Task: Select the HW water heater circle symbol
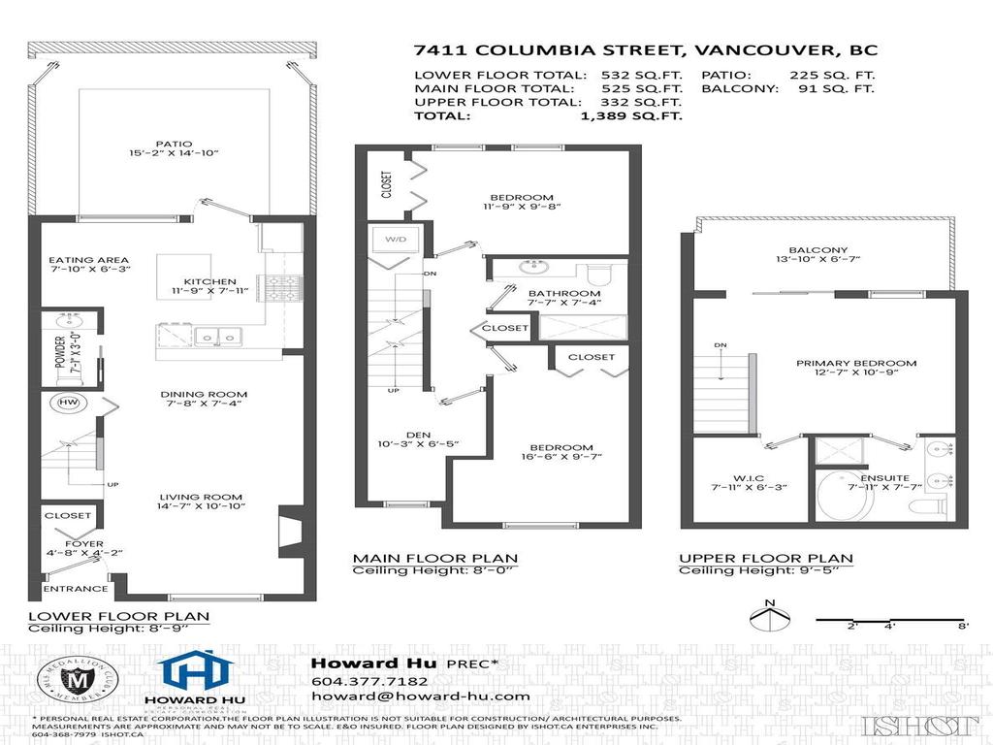point(69,403)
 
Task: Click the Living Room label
point(203,494)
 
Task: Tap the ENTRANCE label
point(76,589)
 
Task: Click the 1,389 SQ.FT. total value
point(630,115)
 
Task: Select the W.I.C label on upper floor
point(746,476)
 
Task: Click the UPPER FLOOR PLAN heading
point(765,558)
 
